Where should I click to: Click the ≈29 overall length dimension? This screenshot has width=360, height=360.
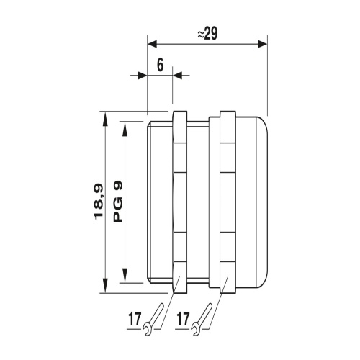point(207,34)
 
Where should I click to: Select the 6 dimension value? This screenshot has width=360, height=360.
point(160,65)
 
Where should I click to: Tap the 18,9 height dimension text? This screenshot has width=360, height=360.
point(99,202)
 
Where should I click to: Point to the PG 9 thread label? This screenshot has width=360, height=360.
point(117,202)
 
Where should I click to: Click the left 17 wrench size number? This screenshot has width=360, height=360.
point(135,319)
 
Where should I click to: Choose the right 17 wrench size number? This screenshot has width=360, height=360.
point(183,319)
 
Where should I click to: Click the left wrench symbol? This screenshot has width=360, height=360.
point(153,320)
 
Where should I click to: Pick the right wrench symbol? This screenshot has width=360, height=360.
point(202,320)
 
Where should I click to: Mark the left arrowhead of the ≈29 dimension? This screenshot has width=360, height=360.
point(152,44)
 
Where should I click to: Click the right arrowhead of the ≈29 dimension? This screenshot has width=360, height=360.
point(262,44)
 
